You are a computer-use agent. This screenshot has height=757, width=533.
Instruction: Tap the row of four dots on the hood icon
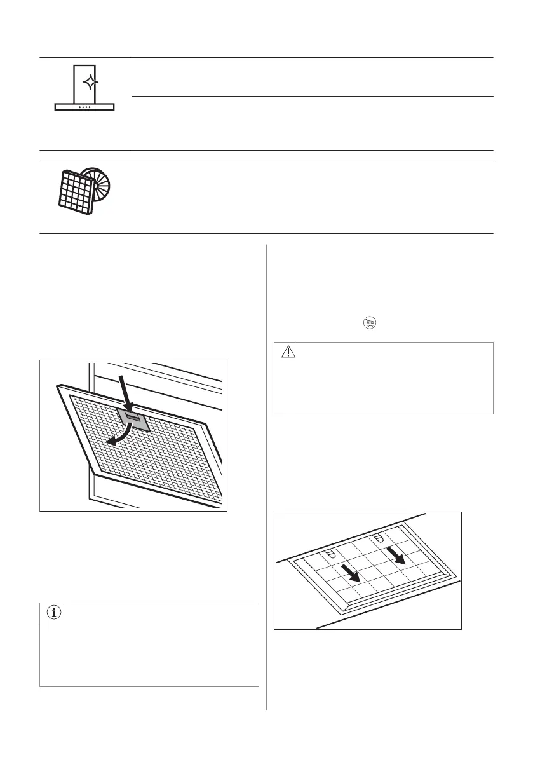[84, 107]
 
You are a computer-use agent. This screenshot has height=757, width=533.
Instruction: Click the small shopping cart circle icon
[370, 324]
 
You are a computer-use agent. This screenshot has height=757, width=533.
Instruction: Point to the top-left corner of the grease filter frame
[58, 386]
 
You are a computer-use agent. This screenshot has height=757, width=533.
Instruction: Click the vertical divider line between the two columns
[266, 477]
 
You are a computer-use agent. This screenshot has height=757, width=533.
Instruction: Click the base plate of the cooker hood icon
[84, 107]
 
